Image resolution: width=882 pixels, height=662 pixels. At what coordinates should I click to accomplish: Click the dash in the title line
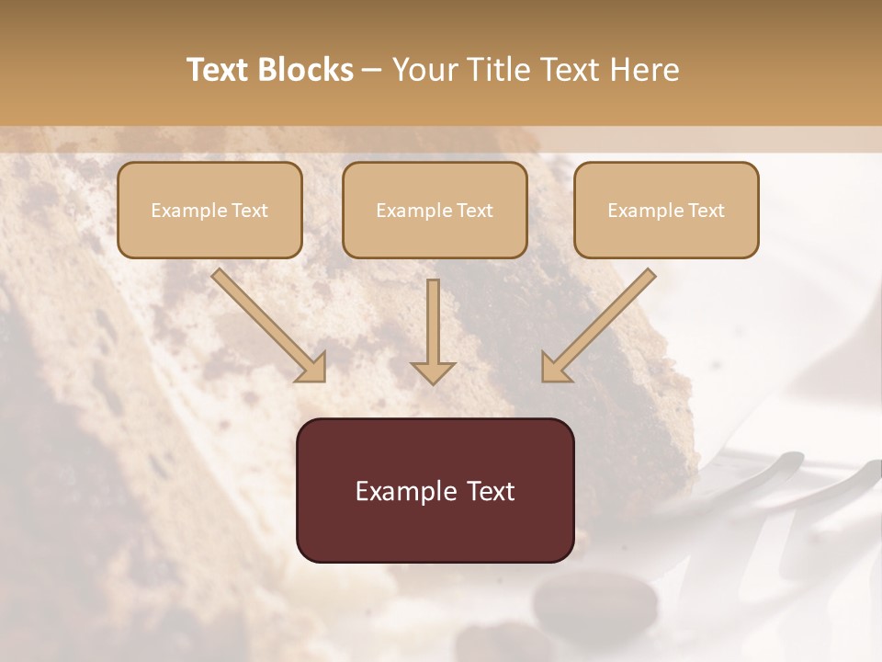click(372, 71)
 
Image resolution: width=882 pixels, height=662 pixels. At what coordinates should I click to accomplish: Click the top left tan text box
click(209, 210)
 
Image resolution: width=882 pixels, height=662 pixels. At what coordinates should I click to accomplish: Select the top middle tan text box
click(435, 210)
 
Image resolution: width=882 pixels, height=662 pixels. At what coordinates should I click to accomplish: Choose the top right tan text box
click(666, 210)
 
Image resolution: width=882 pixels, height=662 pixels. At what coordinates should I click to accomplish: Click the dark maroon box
click(435, 490)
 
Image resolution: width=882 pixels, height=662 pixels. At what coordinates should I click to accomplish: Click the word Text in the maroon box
click(491, 491)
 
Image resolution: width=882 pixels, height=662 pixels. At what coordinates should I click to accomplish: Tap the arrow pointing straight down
click(433, 331)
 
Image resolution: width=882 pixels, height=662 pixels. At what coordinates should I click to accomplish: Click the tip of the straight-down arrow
click(433, 381)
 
